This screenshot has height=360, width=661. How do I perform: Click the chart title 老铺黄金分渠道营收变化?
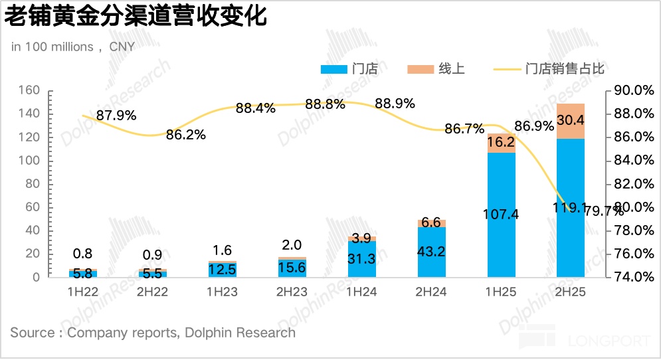tap(136, 17)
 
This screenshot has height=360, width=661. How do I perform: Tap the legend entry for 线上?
tap(436, 69)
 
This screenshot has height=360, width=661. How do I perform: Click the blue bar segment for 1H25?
tap(501, 215)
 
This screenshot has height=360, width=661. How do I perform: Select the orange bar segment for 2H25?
tap(571, 121)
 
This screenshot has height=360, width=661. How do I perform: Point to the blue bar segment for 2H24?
tap(431, 252)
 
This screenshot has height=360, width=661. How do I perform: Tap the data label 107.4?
tap(501, 215)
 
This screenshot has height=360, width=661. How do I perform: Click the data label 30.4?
tap(571, 120)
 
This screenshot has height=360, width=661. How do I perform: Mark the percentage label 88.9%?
tap(395, 104)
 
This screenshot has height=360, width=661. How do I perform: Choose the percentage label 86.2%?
tap(185, 135)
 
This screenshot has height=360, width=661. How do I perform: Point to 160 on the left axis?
tap(31, 91)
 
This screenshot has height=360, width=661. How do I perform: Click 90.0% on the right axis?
tap(628, 91)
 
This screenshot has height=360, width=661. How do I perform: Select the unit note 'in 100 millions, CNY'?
tap(72, 46)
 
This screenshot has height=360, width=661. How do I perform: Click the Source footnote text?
tap(153, 333)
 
